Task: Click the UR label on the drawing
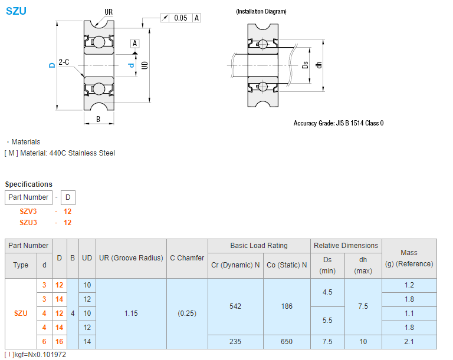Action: (109, 12)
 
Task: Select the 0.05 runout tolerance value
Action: (180, 18)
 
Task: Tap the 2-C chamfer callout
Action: (64, 61)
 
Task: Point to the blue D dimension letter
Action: (52, 65)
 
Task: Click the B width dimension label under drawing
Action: (98, 119)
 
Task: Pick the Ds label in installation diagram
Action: (305, 65)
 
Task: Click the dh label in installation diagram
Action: (319, 65)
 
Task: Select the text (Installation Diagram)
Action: (261, 11)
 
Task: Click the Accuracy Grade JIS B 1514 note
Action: (338, 123)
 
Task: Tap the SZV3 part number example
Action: (28, 211)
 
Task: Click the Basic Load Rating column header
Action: (259, 246)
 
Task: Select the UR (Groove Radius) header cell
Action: (131, 258)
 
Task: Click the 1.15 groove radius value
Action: (131, 313)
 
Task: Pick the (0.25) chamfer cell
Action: (187, 313)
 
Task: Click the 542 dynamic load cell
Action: (235, 306)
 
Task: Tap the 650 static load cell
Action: (287, 342)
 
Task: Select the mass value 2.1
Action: (409, 342)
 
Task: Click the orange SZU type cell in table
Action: (21, 313)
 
